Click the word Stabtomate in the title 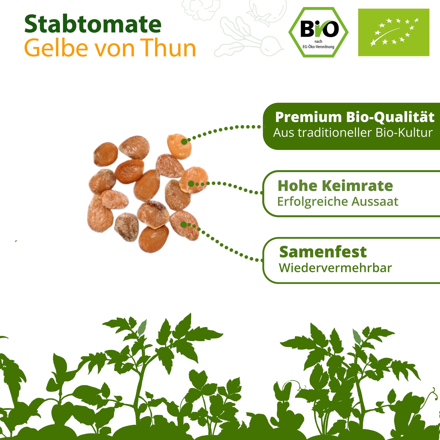[93, 24]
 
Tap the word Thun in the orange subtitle [168, 48]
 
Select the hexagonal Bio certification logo [319, 32]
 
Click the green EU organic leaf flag [394, 32]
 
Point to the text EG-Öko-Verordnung [319, 47]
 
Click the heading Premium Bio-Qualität [355, 117]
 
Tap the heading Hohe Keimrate [335, 186]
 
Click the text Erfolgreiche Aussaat [338, 202]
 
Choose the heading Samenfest [323, 252]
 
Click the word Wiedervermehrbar [335, 268]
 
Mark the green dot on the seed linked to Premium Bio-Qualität [184, 142]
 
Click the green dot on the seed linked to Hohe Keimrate [191, 184]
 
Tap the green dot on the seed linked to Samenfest [184, 225]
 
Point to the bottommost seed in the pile [153, 238]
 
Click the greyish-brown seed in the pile [126, 227]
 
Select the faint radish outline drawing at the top [249, 37]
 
